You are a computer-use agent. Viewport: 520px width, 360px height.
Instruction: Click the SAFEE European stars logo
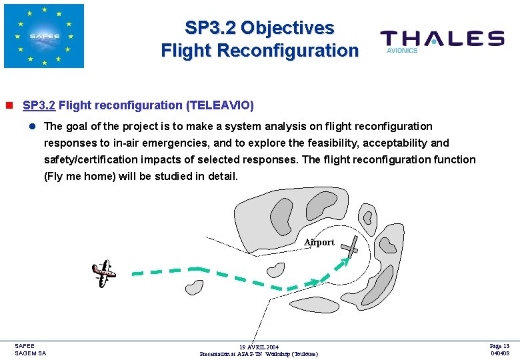click(x=44, y=36)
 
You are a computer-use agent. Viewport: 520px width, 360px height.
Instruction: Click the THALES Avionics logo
click(x=441, y=40)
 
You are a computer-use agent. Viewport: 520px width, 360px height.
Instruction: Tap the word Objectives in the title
click(x=287, y=28)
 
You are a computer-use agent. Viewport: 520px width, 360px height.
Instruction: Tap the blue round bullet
click(x=31, y=127)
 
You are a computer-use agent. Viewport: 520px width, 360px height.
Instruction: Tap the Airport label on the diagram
click(x=319, y=243)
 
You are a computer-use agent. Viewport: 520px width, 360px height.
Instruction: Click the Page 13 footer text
click(x=499, y=346)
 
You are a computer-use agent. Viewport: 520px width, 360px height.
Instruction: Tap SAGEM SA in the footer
click(x=31, y=353)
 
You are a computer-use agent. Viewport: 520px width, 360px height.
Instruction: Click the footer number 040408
click(x=500, y=353)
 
